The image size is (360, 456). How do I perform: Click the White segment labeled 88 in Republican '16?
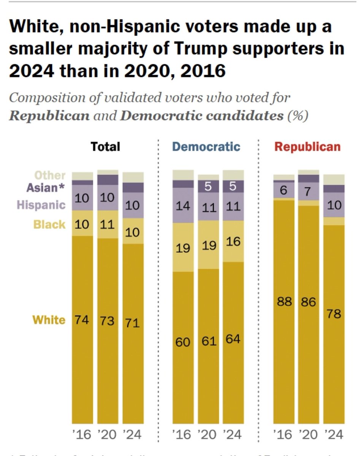(284, 312)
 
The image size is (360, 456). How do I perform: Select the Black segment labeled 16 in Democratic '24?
(233, 241)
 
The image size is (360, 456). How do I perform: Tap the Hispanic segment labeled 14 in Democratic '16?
(183, 206)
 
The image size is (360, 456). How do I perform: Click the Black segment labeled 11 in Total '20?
(108, 224)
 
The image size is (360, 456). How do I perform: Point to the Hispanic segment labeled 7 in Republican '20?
(308, 191)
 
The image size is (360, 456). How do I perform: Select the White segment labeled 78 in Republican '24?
(333, 323)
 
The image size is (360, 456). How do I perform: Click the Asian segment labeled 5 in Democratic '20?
(208, 186)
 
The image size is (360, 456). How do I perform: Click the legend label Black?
(49, 224)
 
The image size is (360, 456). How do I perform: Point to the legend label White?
(49, 320)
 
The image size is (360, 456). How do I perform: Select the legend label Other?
(50, 175)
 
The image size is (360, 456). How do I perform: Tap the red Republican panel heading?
(308, 147)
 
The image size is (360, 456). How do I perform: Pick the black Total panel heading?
(105, 147)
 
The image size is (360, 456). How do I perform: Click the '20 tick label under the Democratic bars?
(208, 434)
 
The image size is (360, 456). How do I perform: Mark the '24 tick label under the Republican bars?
(333, 434)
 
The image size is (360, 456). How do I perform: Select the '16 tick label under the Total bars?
(82, 434)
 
